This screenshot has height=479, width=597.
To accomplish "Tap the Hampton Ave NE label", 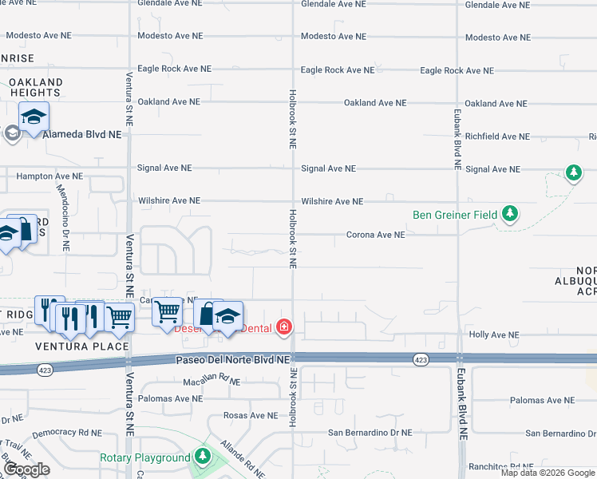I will click(x=49, y=176).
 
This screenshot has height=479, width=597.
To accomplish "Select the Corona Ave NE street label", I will click(x=375, y=235).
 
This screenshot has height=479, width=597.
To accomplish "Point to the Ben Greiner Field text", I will click(x=454, y=215).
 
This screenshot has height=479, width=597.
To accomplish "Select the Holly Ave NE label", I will click(x=493, y=335).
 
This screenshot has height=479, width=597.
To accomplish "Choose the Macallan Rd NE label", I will click(x=212, y=382).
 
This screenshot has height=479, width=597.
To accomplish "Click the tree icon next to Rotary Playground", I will click(x=204, y=456).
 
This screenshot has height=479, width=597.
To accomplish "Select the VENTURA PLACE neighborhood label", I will click(x=82, y=346).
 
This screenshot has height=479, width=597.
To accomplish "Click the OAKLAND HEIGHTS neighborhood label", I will click(x=36, y=88).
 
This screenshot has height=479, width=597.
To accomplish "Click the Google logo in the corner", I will click(x=26, y=469).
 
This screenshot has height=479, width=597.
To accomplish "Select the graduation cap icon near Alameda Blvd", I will click(x=34, y=117).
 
